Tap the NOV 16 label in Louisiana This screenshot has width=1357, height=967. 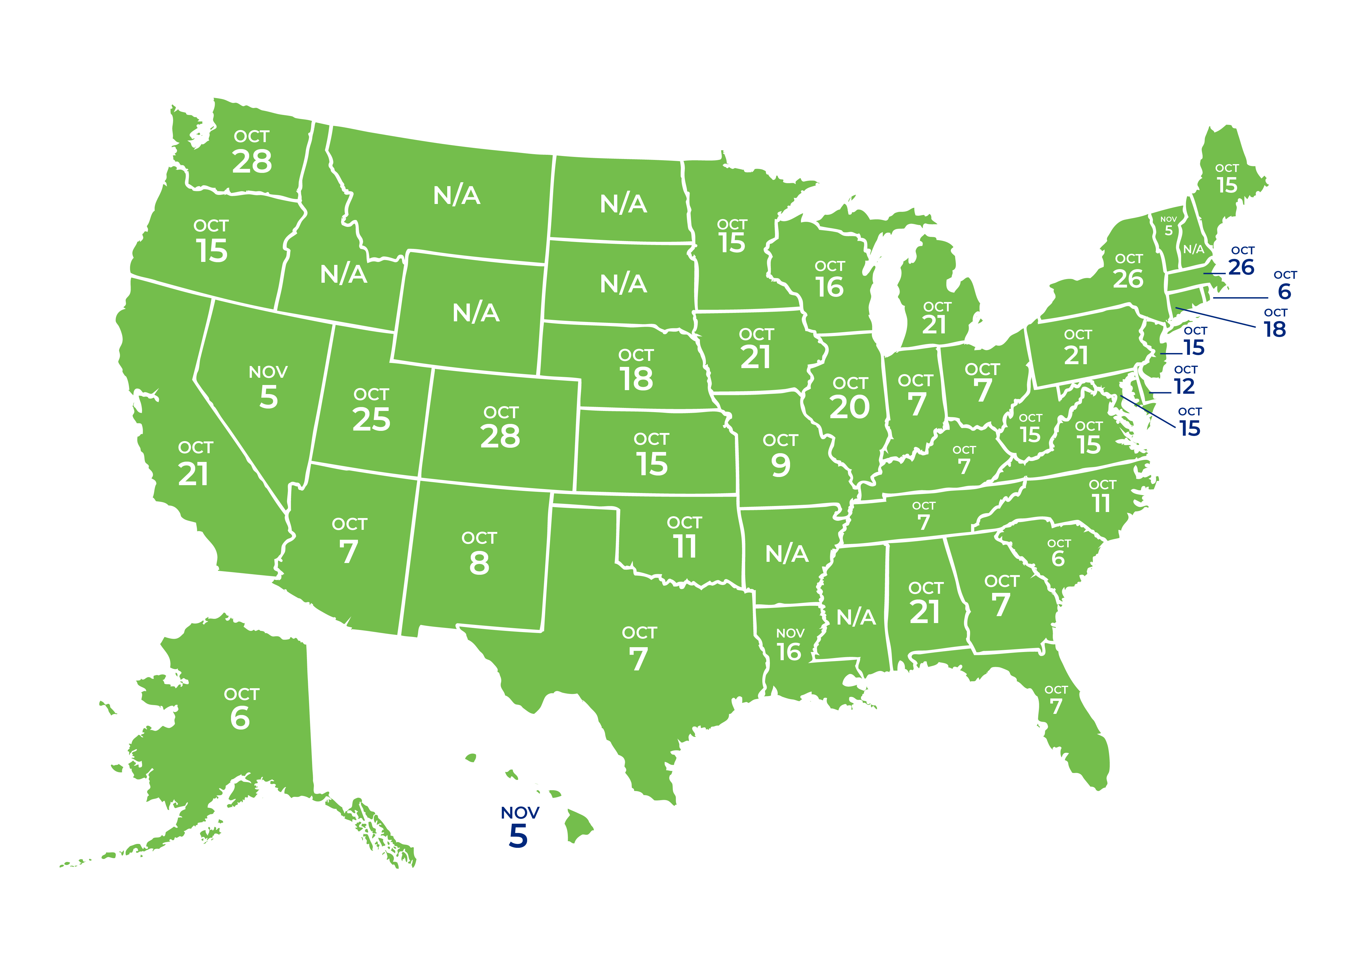(x=790, y=645)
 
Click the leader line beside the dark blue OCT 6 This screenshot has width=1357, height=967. (x=1241, y=298)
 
